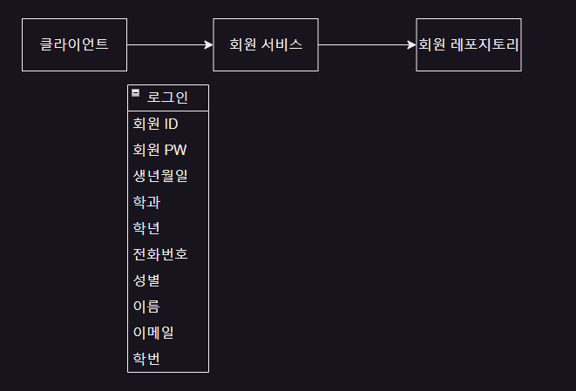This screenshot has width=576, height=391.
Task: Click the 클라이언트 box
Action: click(x=74, y=44)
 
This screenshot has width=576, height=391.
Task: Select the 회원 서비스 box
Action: click(x=266, y=44)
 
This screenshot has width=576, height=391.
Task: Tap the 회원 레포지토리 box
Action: click(x=468, y=44)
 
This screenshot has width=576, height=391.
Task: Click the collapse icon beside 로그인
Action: click(x=136, y=92)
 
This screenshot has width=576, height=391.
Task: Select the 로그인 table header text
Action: click(x=167, y=98)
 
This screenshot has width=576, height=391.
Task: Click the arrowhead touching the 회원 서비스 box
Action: click(x=208, y=44)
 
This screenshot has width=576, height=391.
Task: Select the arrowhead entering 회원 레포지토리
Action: click(x=411, y=44)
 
